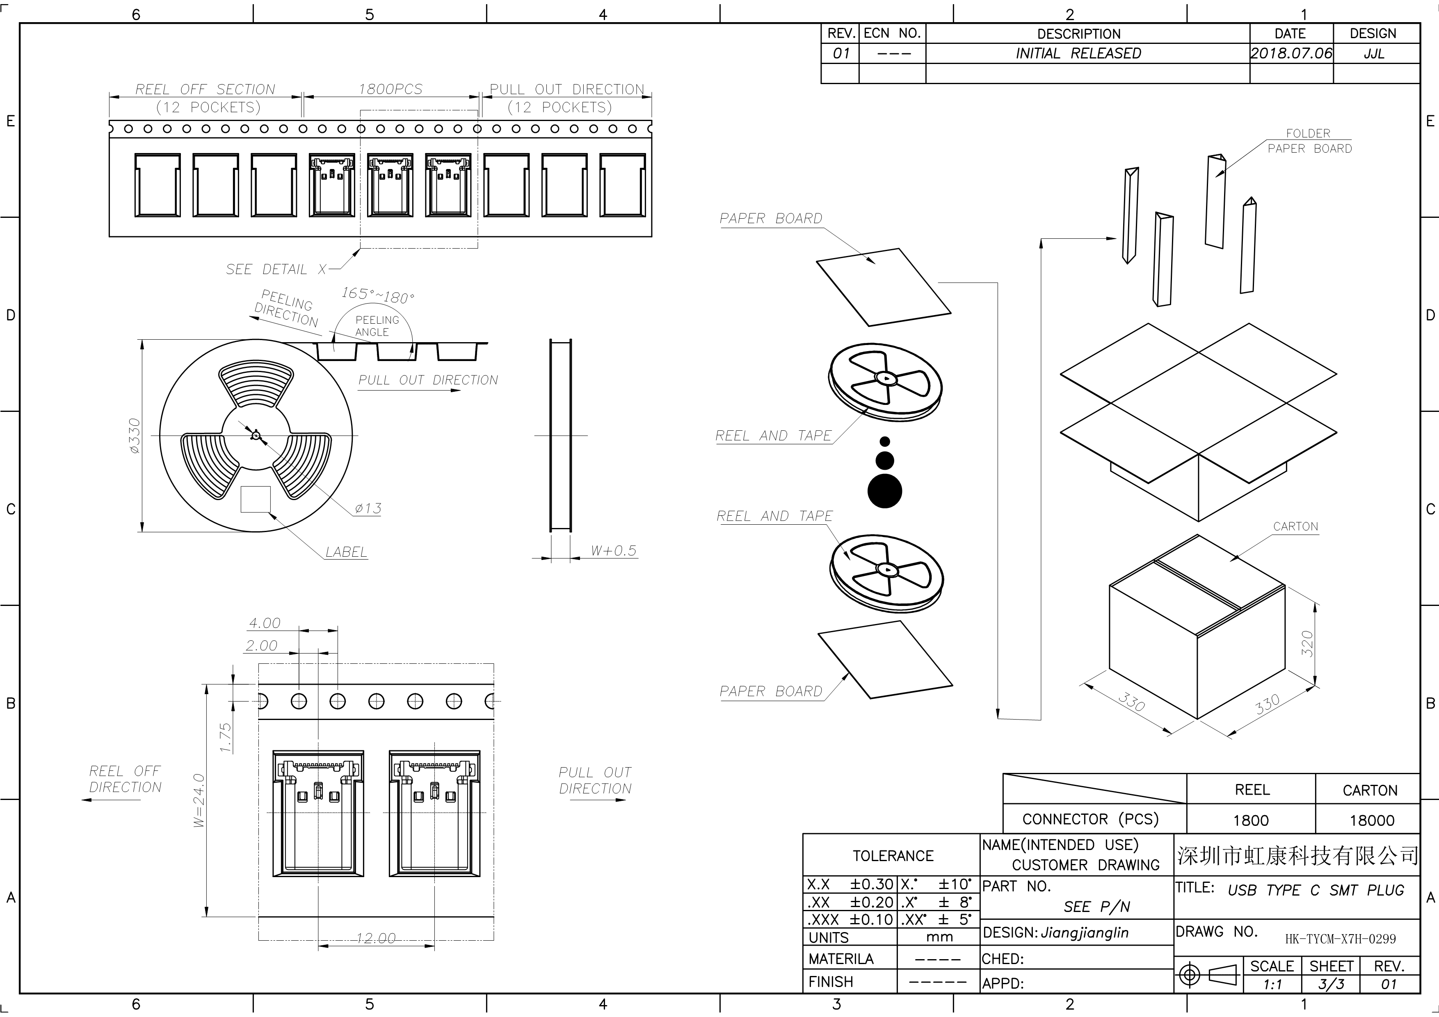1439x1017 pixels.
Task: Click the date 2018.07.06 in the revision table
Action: click(1291, 53)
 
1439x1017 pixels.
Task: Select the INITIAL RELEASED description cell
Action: click(1078, 53)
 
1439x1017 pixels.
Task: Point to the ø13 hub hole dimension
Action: click(368, 508)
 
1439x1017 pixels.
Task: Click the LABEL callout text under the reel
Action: click(346, 552)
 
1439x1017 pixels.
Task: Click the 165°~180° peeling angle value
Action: click(378, 295)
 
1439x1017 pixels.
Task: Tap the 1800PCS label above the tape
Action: click(391, 89)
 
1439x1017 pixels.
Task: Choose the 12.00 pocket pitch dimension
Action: click(376, 938)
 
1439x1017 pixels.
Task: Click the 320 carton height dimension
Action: click(1307, 644)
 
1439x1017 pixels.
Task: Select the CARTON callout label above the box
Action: click(1295, 526)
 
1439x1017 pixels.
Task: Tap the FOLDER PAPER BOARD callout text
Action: click(1309, 141)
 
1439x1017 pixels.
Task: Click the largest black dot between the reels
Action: click(885, 491)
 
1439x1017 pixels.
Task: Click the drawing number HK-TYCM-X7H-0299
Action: click(1341, 939)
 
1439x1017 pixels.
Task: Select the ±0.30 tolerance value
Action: click(871, 884)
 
